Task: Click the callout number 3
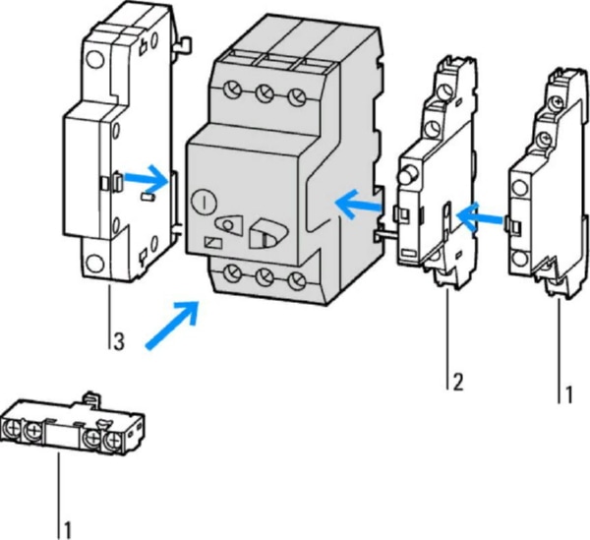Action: point(117,342)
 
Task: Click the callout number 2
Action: point(456,381)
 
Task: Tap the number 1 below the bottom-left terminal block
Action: point(69,528)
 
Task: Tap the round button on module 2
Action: point(403,176)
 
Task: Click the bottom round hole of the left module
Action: point(94,265)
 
